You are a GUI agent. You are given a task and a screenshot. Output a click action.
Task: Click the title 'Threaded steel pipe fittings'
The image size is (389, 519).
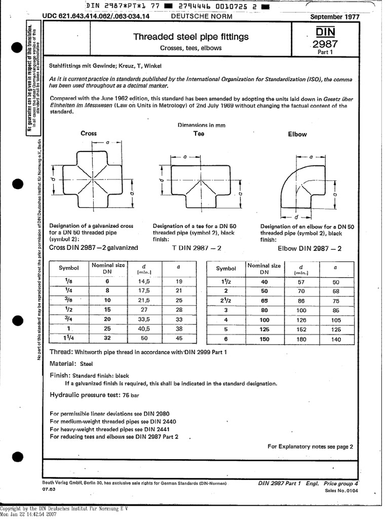(190, 36)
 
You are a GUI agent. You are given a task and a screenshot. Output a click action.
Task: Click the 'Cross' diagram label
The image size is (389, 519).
(89, 134)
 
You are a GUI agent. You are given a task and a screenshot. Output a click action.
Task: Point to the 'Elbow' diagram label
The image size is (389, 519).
(297, 134)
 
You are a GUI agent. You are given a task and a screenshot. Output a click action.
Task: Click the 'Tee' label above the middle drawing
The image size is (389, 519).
(199, 134)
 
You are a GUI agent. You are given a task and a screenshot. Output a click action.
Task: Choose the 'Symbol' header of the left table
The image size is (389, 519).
(69, 268)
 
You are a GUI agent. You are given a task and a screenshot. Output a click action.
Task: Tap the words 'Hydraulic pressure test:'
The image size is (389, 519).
(84, 394)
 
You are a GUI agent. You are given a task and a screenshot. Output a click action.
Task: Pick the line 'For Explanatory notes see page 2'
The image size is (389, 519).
(310, 447)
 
